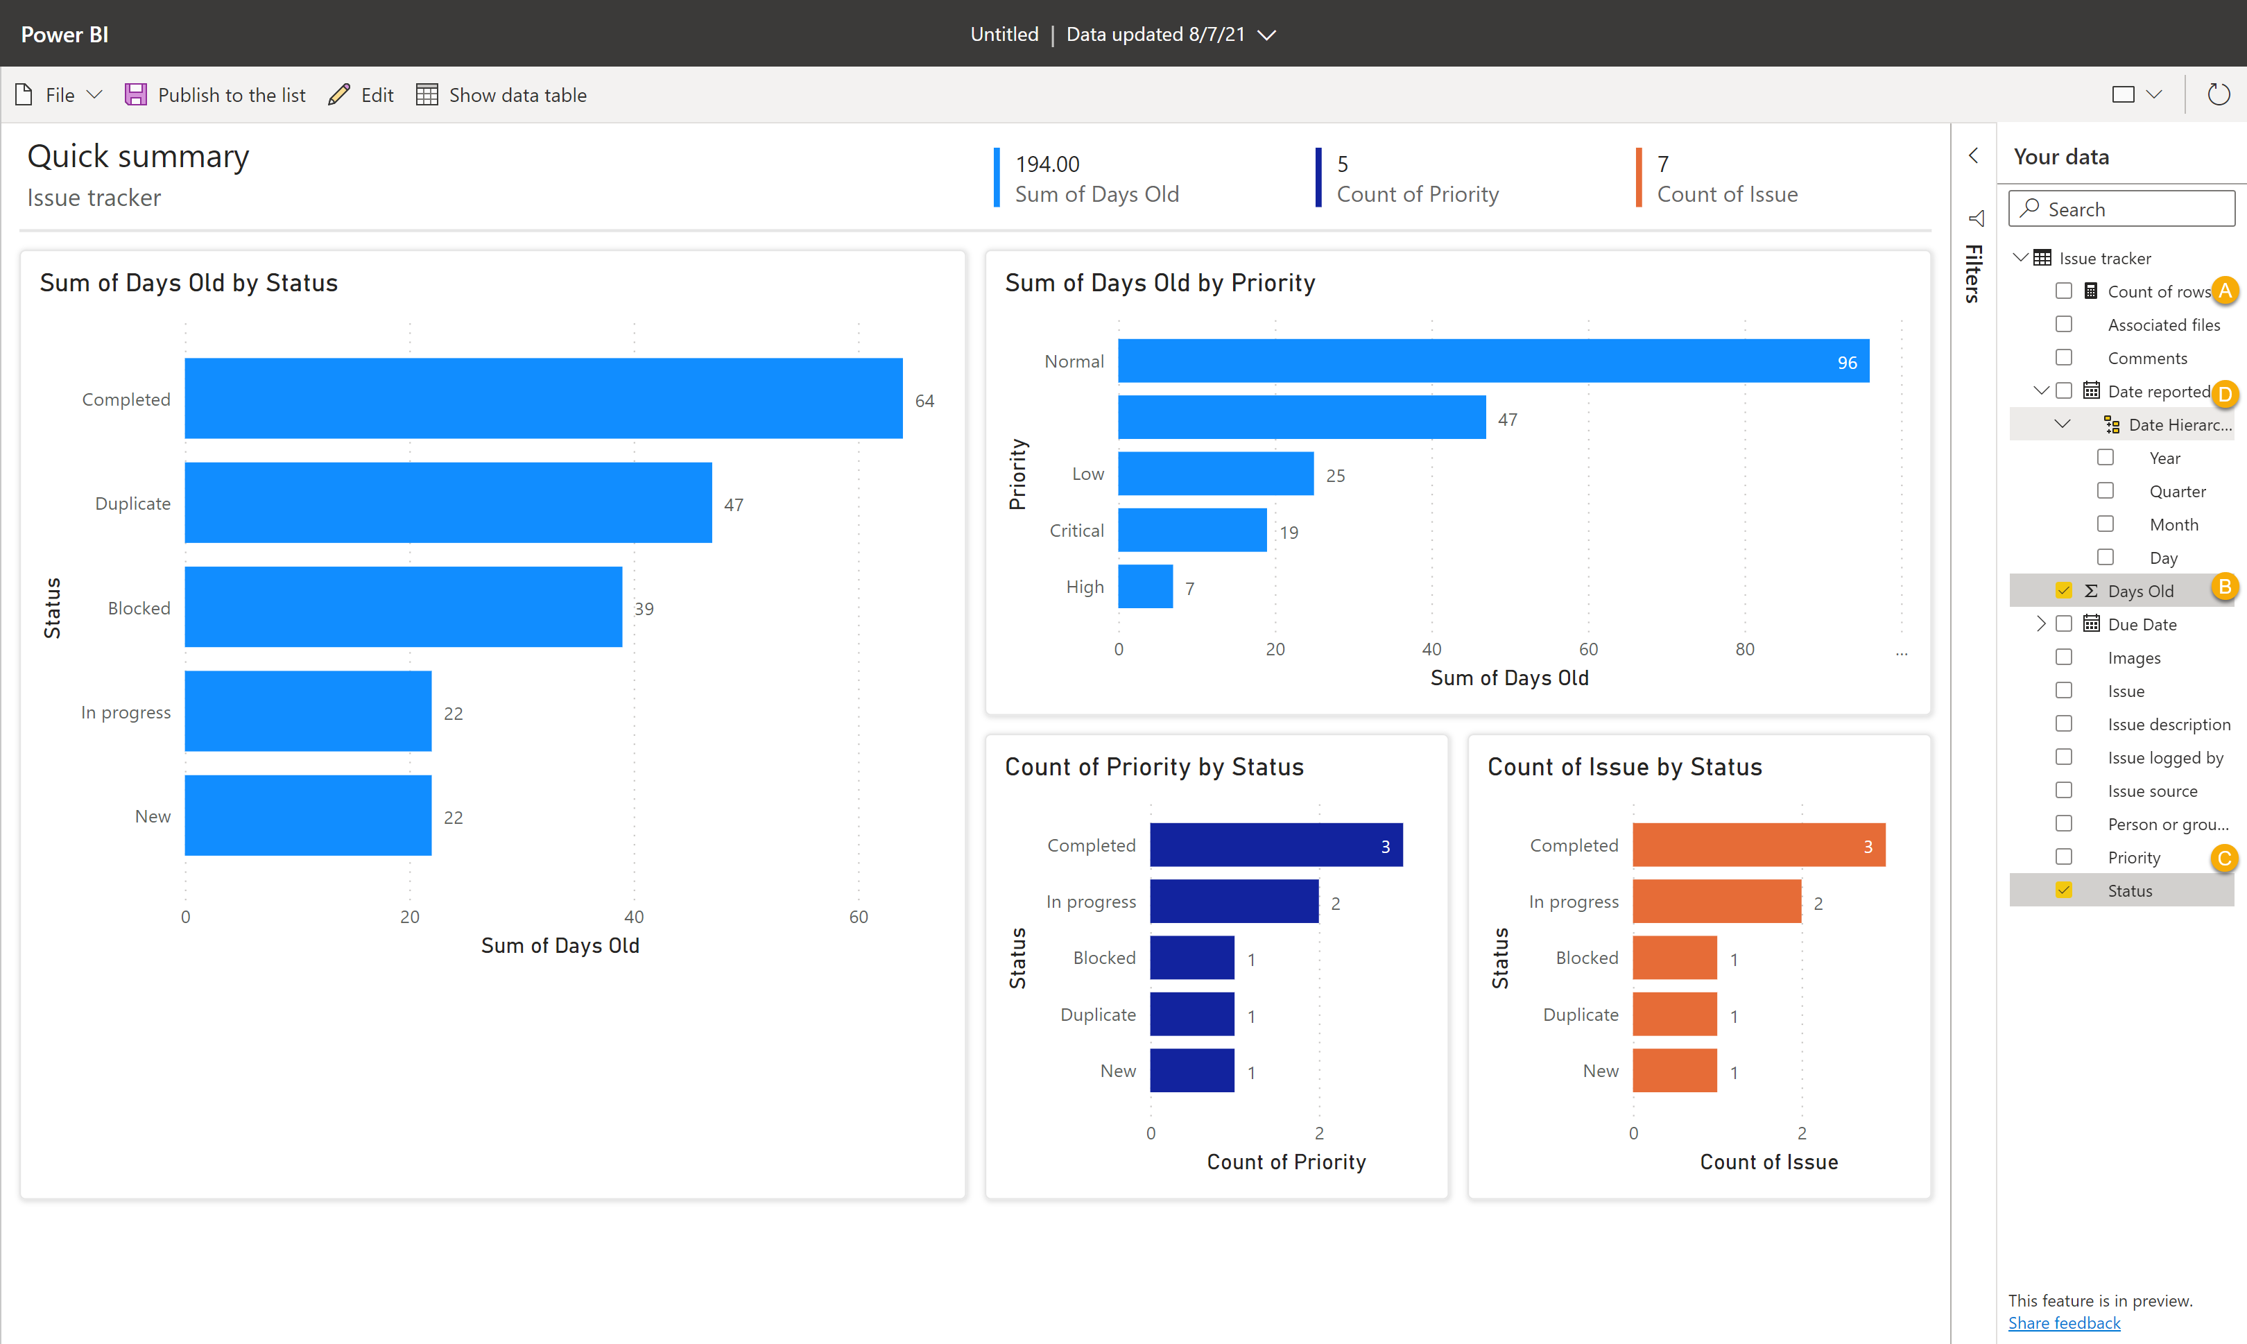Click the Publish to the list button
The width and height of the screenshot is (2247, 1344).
(216, 95)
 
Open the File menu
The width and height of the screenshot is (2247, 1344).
(59, 95)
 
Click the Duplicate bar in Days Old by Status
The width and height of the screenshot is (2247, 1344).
(447, 503)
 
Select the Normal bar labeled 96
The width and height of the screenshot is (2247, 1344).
(1492, 361)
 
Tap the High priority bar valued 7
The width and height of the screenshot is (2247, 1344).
(1145, 587)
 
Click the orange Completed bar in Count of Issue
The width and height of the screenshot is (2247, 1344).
(1758, 845)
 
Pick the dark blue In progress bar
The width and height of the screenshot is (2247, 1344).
(1234, 901)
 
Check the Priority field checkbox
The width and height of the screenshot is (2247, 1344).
(2063, 856)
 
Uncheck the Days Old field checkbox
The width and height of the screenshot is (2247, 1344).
(2063, 590)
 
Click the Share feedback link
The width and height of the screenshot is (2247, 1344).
(2064, 1323)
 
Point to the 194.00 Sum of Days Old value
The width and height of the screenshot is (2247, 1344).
(1047, 164)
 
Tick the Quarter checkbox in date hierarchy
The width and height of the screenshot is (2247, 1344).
(2105, 491)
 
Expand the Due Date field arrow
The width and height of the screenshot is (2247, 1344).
(2040, 624)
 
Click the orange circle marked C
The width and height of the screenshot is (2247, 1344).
(2223, 858)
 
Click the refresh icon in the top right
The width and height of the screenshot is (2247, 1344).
(2218, 94)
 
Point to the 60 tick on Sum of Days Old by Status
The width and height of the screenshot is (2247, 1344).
(858, 917)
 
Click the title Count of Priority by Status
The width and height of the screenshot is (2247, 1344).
(1154, 767)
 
